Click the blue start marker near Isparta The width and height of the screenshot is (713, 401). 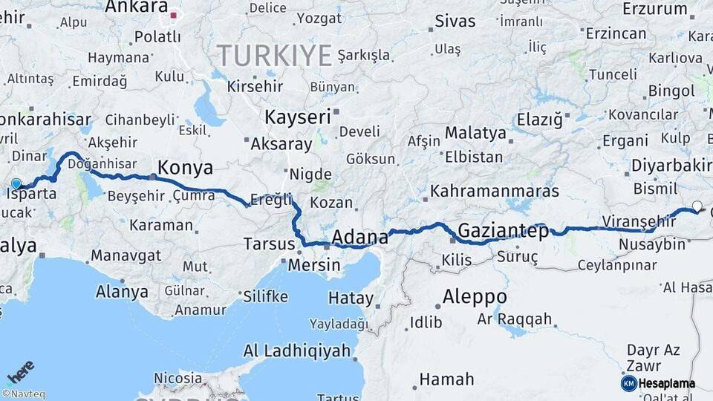[16, 183]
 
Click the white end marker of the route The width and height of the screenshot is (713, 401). [697, 206]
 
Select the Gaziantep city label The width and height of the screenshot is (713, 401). [504, 231]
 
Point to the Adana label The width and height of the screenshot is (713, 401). [360, 238]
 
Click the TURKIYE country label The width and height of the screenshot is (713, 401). [275, 55]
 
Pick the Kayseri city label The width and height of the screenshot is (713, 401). [298, 117]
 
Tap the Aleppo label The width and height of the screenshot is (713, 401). [475, 297]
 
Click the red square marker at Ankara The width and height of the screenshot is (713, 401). [174, 14]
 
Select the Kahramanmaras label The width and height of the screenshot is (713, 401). [495, 191]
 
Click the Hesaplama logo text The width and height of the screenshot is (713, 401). [667, 383]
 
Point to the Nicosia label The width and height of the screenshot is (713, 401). [178, 378]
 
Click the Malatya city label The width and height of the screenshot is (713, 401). [475, 134]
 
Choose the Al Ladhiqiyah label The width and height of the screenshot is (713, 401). [296, 351]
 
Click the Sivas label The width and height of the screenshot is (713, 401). [455, 21]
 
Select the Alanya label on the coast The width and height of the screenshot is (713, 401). [122, 292]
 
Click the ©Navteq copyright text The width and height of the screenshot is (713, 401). [23, 394]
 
